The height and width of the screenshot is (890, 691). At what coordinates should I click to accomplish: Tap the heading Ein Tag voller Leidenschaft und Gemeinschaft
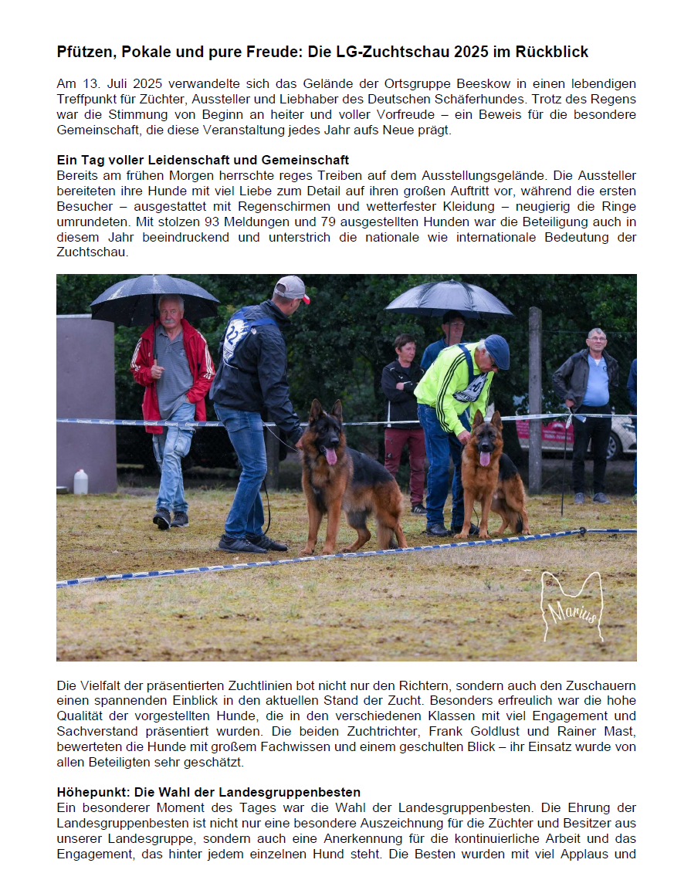pyautogui.click(x=203, y=160)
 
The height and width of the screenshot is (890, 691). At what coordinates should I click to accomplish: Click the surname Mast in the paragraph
pyautogui.click(x=622, y=731)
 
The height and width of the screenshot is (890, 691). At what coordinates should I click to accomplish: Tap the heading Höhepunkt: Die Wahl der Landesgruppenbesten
pyautogui.click(x=208, y=792)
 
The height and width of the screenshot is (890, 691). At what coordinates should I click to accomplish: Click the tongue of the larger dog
pyautogui.click(x=330, y=456)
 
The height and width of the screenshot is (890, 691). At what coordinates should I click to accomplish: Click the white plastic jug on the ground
pyautogui.click(x=80, y=482)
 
